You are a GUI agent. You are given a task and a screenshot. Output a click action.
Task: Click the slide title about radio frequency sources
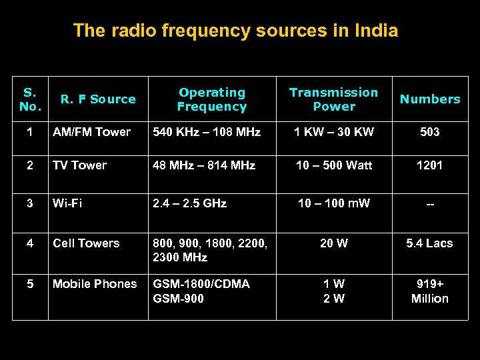(235, 31)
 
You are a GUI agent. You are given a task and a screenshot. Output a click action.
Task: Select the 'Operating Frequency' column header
(212, 99)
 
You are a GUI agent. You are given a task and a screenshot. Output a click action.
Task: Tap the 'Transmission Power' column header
(333, 99)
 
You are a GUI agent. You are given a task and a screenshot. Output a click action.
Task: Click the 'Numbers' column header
(430, 99)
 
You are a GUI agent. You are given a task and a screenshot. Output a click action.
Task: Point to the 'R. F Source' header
(98, 99)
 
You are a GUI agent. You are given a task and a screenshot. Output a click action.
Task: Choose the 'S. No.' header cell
(30, 99)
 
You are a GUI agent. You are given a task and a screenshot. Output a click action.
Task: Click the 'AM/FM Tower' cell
(91, 132)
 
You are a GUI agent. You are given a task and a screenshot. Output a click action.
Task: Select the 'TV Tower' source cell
(79, 165)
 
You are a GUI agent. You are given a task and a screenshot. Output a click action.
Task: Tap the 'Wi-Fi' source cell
(67, 203)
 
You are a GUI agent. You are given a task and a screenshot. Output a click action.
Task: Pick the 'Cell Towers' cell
(86, 243)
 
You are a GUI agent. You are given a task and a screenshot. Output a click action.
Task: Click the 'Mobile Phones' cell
(95, 284)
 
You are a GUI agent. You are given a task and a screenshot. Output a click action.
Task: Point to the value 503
(430, 132)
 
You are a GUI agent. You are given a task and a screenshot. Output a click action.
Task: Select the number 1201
(430, 165)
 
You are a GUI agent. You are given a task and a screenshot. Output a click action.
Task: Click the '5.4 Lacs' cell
(430, 243)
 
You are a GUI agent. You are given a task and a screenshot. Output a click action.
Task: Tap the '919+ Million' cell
(430, 291)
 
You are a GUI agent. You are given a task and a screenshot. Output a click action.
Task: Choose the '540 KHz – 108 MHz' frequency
(207, 132)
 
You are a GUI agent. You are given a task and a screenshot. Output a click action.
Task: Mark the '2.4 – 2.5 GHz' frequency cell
(190, 203)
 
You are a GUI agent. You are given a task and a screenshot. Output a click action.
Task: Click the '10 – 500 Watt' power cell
(334, 165)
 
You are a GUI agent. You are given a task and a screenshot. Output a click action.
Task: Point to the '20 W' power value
(334, 243)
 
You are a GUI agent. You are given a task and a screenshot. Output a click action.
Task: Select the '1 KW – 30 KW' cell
(334, 132)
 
